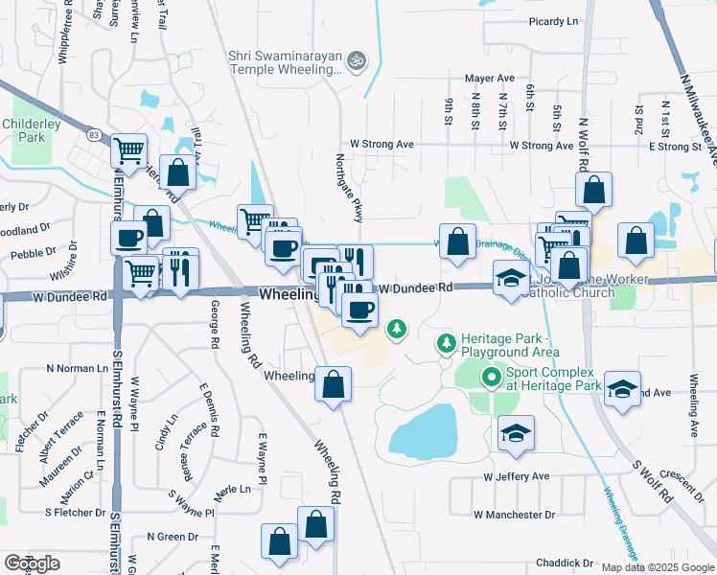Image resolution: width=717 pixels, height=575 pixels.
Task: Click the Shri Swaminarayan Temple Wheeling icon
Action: [357, 60]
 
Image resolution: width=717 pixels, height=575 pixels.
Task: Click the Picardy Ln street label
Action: [554, 21]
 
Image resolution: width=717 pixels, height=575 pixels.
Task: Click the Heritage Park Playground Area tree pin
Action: [446, 342]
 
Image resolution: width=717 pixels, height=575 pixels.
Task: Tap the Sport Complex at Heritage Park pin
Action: [492, 378]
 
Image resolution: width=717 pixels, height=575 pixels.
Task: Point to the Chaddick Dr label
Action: [565, 563]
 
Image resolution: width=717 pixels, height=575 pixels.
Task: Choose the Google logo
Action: [32, 563]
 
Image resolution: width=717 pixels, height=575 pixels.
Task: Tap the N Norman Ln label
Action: [77, 368]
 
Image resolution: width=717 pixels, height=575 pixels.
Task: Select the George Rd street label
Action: [215, 325]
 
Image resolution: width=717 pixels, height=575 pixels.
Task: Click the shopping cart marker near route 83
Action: [128, 149]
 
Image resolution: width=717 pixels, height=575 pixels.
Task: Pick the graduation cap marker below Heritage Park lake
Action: [516, 432]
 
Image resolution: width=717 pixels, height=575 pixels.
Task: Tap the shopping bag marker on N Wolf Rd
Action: [594, 191]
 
